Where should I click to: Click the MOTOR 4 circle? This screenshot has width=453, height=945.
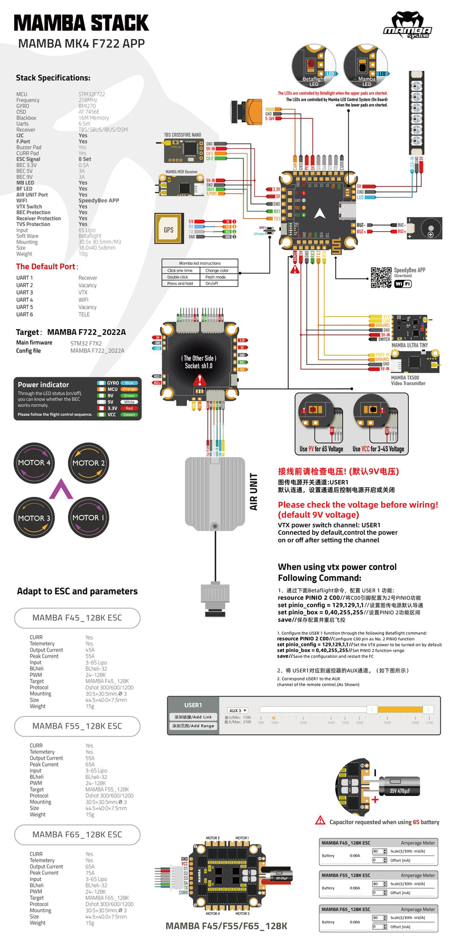(x=34, y=462)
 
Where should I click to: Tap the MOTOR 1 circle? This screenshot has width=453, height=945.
(x=88, y=517)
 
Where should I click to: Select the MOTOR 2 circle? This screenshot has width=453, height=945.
(x=88, y=462)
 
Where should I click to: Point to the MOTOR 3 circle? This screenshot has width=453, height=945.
(x=34, y=517)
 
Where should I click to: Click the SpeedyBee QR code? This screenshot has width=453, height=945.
(x=381, y=278)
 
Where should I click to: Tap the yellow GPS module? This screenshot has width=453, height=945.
(x=168, y=229)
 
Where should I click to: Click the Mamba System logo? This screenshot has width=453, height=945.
(x=408, y=26)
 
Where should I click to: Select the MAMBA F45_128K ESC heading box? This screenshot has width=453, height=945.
(x=77, y=618)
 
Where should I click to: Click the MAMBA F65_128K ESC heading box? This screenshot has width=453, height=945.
(x=77, y=835)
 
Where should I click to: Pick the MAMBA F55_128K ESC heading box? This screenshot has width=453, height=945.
(x=77, y=726)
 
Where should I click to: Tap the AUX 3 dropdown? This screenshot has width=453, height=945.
(x=237, y=710)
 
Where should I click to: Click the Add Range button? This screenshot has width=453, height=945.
(x=193, y=726)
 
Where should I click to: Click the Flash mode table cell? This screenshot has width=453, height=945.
(x=216, y=277)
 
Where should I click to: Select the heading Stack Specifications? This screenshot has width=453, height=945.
(x=53, y=78)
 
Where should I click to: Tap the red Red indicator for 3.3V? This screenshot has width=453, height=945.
(x=129, y=408)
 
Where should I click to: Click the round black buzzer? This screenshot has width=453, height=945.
(x=430, y=231)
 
